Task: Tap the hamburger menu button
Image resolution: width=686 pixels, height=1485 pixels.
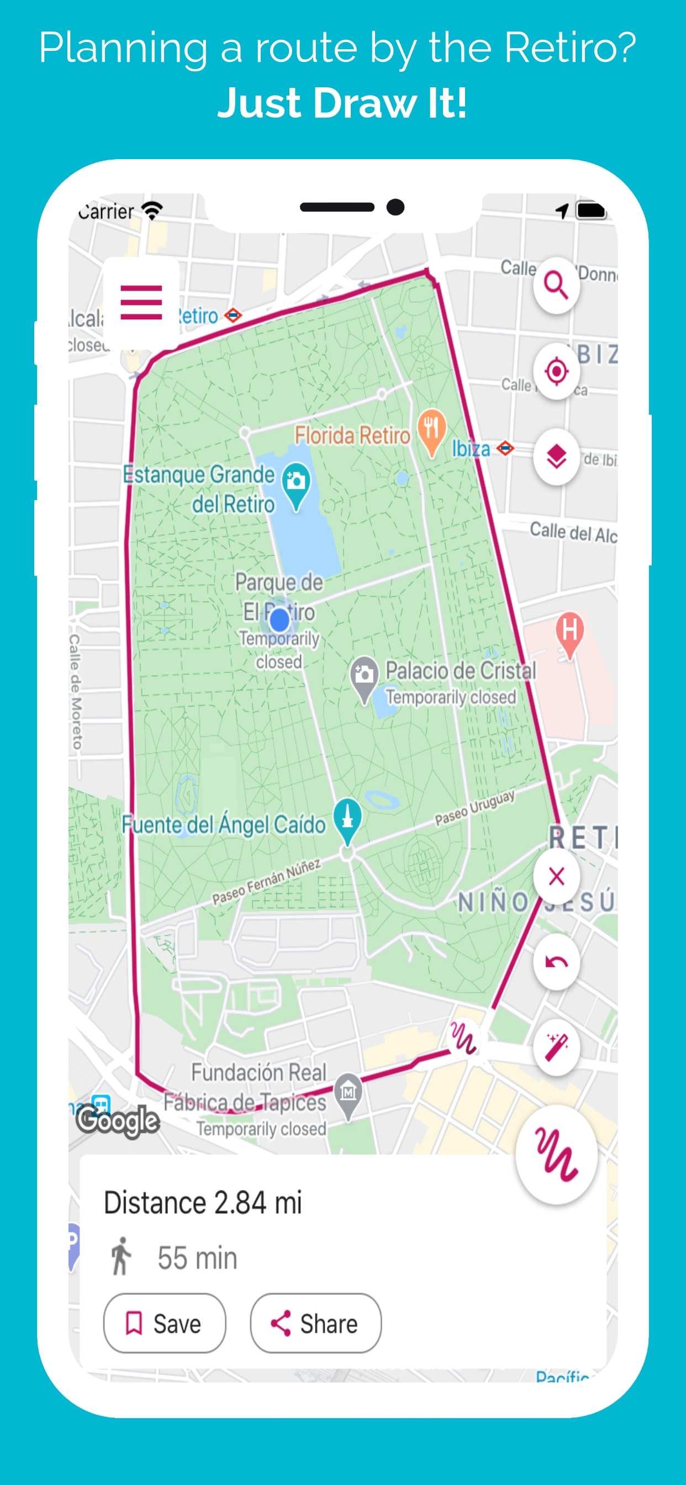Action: coord(141,302)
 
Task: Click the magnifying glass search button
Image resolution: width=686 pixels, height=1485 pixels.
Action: coord(556,286)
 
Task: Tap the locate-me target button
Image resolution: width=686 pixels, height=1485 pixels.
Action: coord(556,371)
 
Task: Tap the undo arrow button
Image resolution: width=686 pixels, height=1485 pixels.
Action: coord(556,962)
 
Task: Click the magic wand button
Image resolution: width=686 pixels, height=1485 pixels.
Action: coord(556,1046)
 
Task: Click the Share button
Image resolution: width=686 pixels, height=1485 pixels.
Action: coord(315,1323)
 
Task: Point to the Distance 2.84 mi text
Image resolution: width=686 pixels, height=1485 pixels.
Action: coord(202,1203)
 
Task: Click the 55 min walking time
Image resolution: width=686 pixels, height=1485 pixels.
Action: coord(197,1257)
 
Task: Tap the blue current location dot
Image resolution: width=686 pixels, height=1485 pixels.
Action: coord(279,620)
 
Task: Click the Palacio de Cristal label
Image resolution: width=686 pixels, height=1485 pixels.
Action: coord(460,671)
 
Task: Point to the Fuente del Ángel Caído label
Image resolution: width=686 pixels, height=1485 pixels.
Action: coord(223,824)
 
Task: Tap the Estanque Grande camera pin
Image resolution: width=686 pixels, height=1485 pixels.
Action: coord(296,482)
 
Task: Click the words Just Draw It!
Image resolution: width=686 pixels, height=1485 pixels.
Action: coord(342,103)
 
